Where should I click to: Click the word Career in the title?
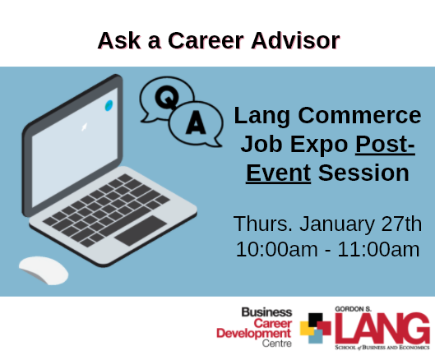point(206,40)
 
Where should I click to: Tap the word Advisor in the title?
point(295,40)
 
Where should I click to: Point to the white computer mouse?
point(44,270)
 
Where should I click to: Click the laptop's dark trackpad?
point(141,230)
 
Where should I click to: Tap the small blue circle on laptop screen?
point(109,106)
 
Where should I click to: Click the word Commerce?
point(359,115)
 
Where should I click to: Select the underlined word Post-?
point(385,144)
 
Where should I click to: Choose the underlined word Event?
point(278,173)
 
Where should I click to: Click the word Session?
point(363,173)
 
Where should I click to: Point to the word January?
point(337,224)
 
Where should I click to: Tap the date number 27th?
point(401,224)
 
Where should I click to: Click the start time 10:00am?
point(276,249)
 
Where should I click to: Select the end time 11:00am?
point(378,249)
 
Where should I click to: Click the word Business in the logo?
point(266,312)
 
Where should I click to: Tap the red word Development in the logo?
point(254,334)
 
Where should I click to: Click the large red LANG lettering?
point(382,329)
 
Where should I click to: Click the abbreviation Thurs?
point(263,224)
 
